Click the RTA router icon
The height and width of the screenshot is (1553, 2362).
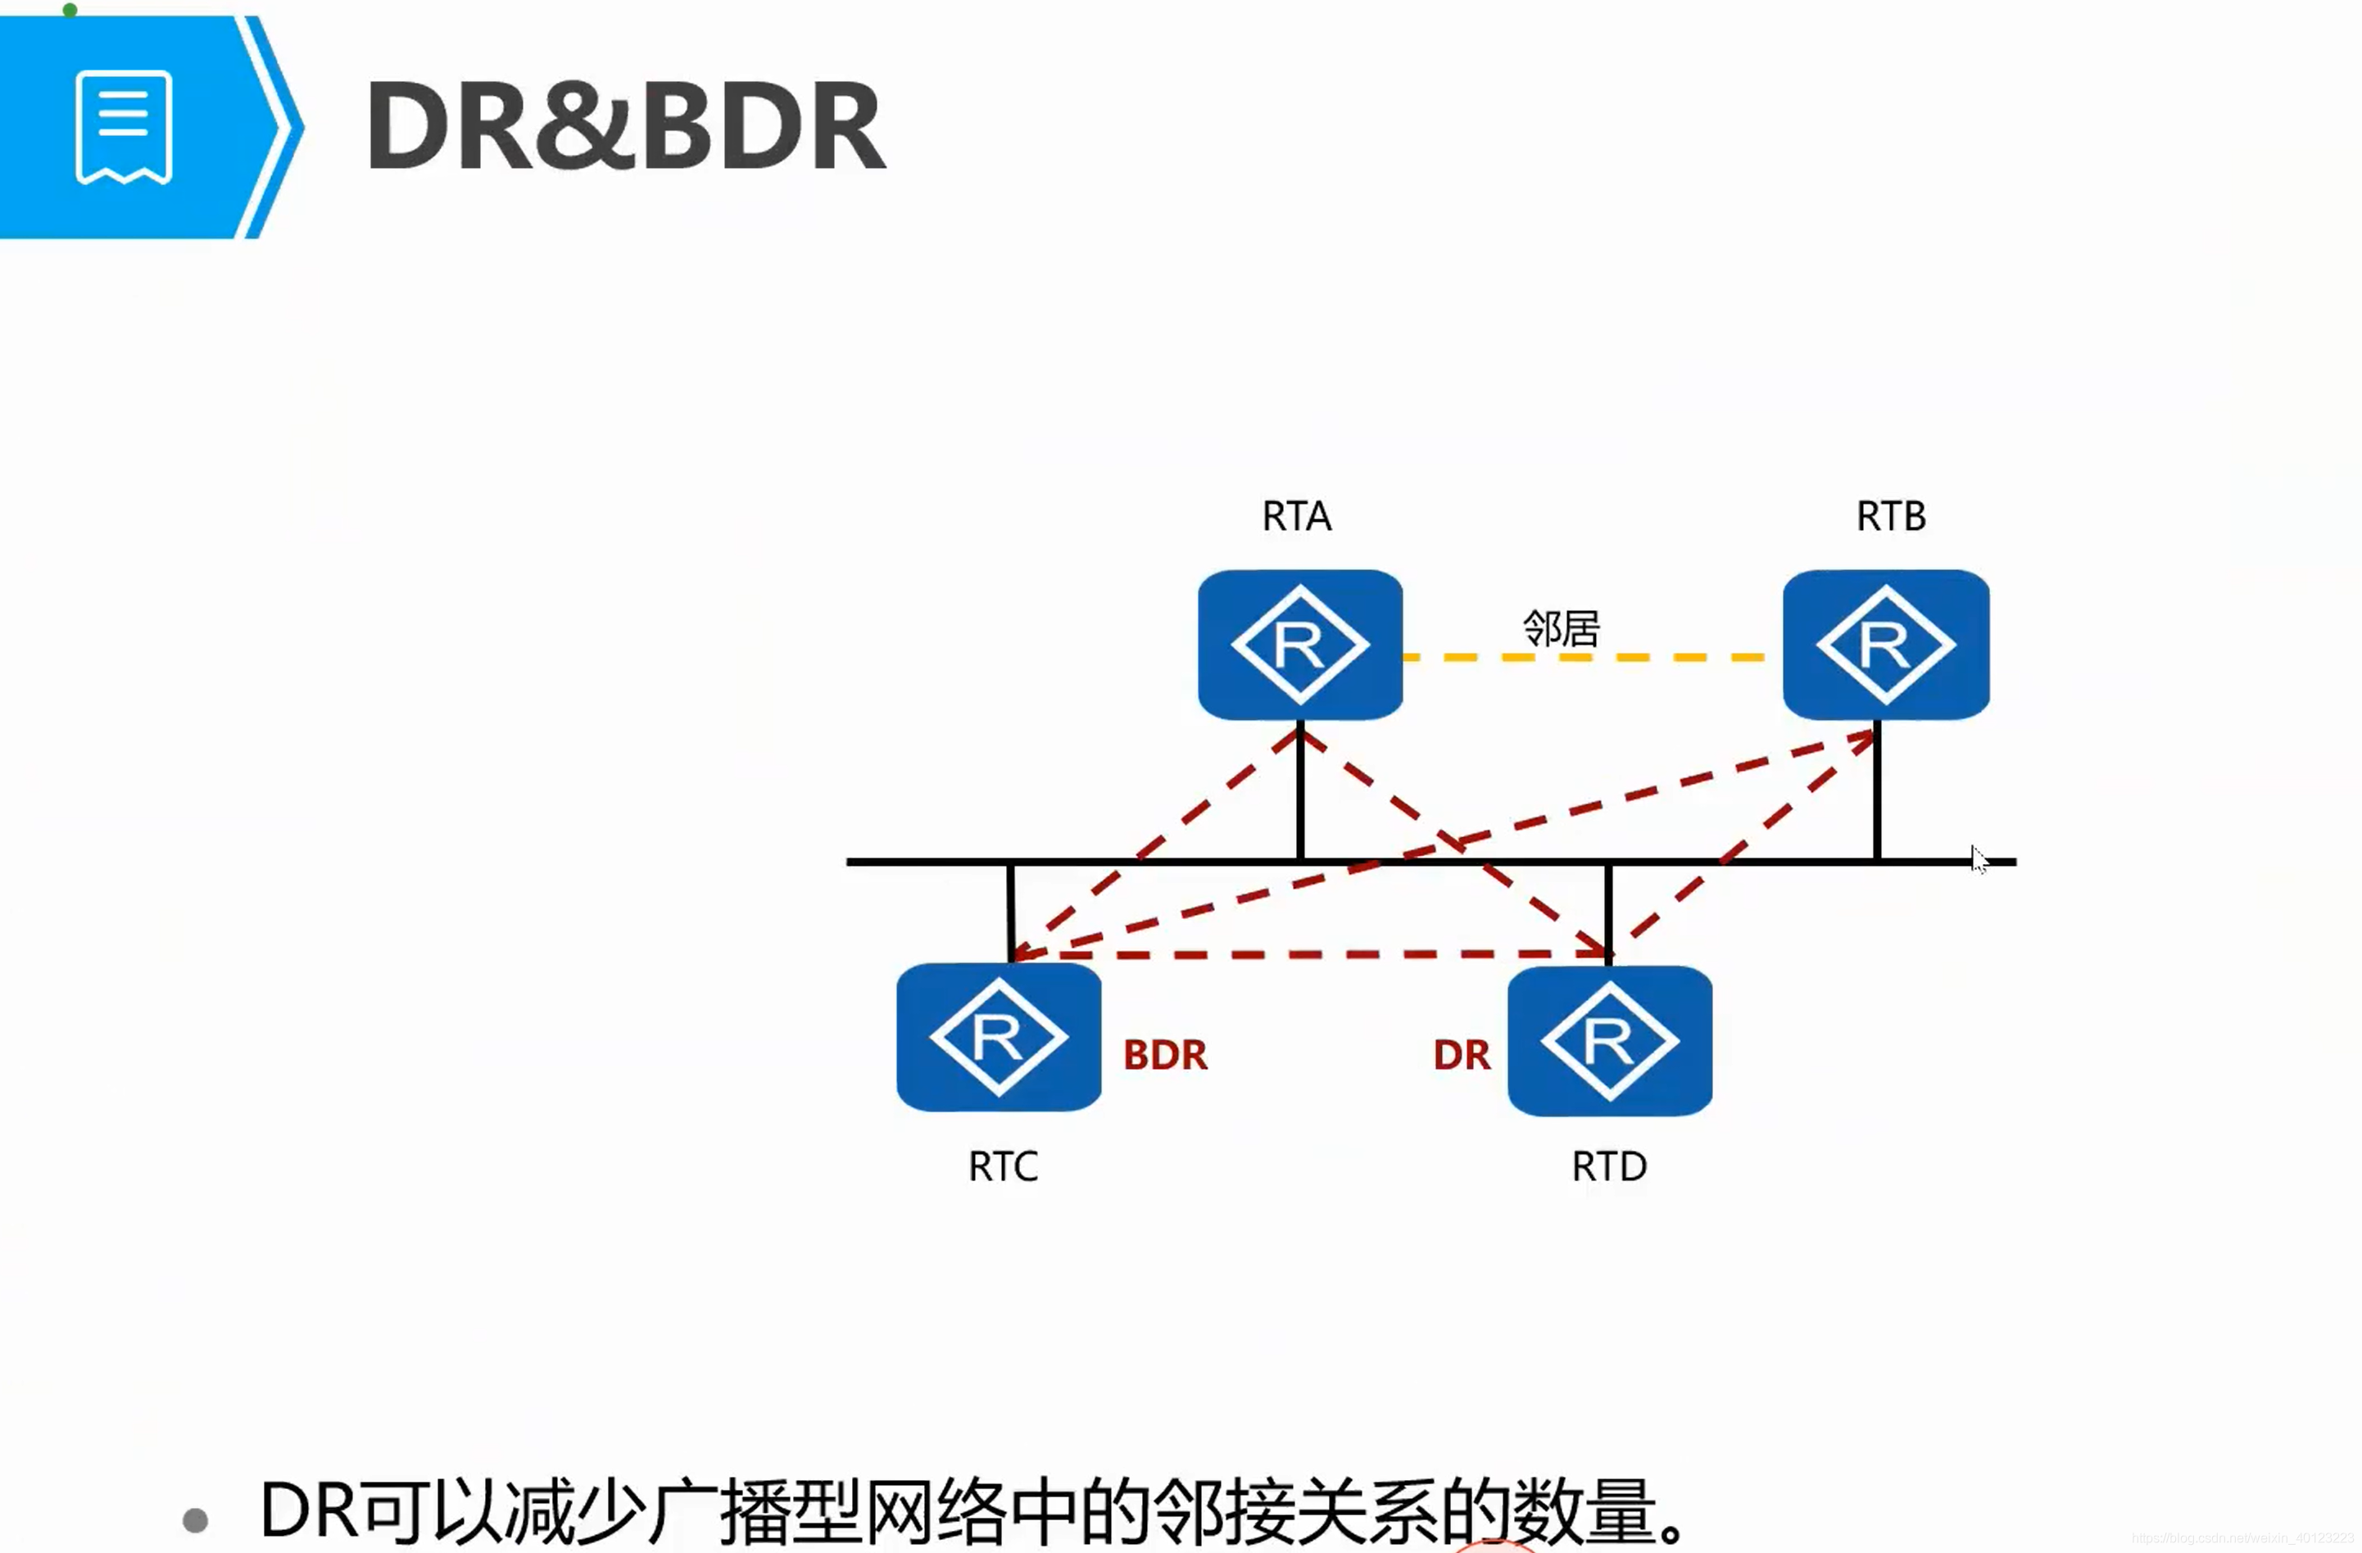coord(1300,644)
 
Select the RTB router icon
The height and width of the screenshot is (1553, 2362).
coord(1886,644)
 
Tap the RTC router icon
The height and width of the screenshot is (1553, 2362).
coord(999,1037)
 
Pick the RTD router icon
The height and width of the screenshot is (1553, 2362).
coord(1610,1040)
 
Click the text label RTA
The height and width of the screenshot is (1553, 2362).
coord(1296,516)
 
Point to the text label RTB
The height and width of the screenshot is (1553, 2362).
coord(1891,516)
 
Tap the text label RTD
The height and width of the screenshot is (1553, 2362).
coord(1609,1166)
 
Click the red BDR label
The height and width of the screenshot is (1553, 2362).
coord(1165,1055)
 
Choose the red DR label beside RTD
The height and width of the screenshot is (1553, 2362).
coord(1461,1055)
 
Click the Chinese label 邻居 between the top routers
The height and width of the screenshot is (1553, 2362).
coord(1561,628)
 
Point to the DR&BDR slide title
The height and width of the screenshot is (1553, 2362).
coord(625,126)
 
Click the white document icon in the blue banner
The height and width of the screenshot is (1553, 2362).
coord(124,127)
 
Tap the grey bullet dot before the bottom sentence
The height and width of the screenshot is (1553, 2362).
coord(196,1519)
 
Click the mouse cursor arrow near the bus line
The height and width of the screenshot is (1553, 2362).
coord(1978,859)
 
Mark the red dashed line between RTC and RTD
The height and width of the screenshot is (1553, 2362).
coord(1310,954)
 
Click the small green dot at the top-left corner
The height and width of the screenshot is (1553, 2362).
coord(70,10)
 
